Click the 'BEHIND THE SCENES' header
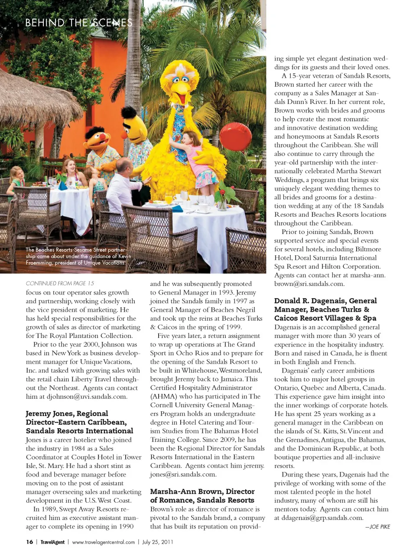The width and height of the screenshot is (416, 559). click(x=79, y=23)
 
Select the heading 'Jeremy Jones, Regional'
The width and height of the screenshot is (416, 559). click(x=67, y=413)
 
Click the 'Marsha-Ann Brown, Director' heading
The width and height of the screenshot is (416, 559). click(x=202, y=491)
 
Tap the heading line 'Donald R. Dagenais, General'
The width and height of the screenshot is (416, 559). click(x=325, y=301)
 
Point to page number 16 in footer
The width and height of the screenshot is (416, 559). click(x=29, y=542)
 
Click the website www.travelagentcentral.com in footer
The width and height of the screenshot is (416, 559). click(x=104, y=542)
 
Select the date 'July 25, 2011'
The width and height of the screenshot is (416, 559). click(x=158, y=542)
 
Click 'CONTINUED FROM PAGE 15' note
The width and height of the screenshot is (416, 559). click(x=60, y=283)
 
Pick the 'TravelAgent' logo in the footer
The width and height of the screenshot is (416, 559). click(x=52, y=542)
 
